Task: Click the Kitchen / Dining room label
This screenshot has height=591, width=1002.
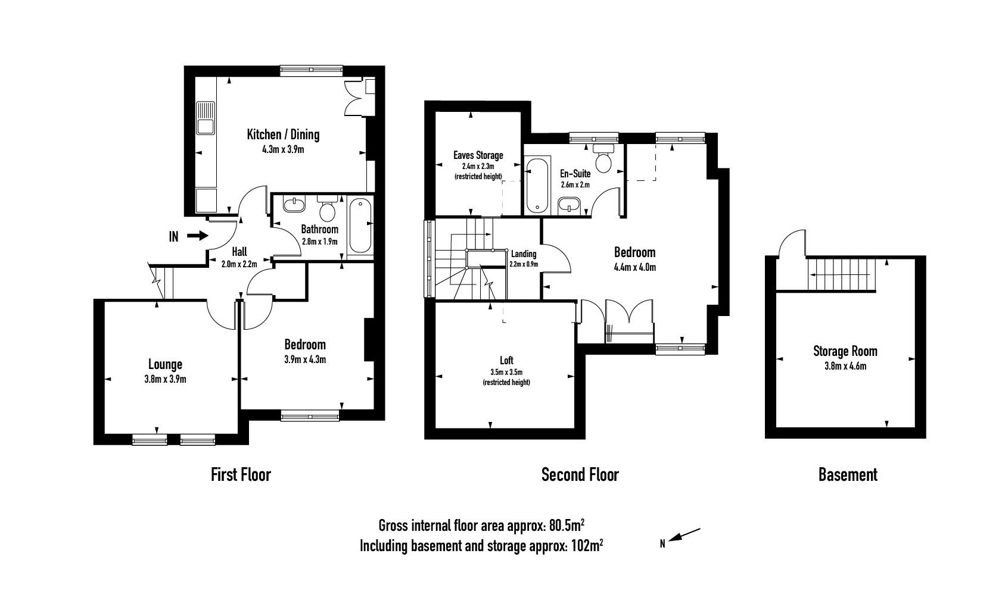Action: (x=283, y=135)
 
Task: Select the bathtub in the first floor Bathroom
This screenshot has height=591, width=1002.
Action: (x=360, y=227)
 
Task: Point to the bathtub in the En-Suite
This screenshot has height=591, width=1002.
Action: (x=537, y=184)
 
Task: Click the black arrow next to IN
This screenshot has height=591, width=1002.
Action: (x=197, y=236)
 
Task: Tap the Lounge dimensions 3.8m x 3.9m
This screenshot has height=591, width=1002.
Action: (x=164, y=379)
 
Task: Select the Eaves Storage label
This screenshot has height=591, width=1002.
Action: (x=478, y=155)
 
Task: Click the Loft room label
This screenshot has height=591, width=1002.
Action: (x=506, y=361)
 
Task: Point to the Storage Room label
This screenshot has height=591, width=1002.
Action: (x=845, y=351)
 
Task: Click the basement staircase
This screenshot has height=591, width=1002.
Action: (x=842, y=274)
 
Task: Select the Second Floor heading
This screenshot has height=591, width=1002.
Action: (x=580, y=475)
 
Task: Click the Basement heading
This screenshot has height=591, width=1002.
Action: (x=847, y=475)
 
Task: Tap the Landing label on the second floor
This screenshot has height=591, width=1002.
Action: (x=523, y=254)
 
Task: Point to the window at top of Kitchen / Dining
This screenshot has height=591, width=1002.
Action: (x=312, y=70)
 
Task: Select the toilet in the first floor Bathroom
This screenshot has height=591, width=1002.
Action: (x=326, y=209)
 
